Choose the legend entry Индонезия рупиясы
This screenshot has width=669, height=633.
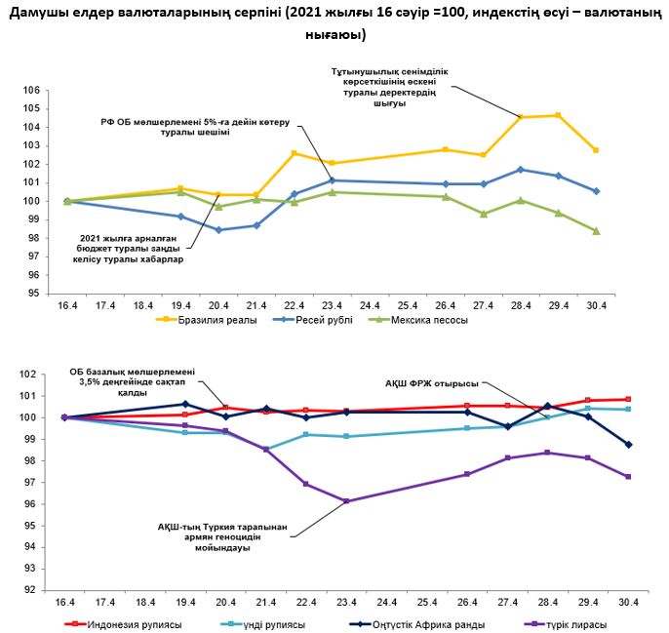click(x=138, y=624)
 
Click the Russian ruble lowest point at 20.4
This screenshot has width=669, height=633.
click(x=219, y=230)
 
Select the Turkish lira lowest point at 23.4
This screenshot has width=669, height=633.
click(x=347, y=501)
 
